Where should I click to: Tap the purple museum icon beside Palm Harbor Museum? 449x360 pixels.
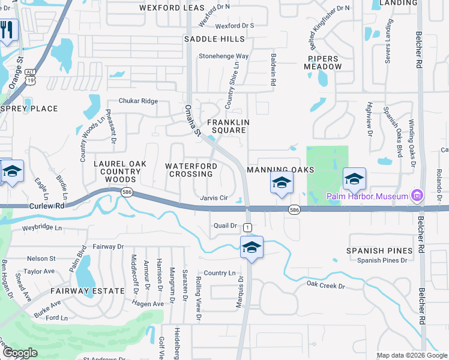(417, 196)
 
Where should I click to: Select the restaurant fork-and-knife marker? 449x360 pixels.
(7, 30)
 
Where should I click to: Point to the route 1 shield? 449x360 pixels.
(247, 227)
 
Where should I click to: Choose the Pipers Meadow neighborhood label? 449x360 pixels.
(325, 62)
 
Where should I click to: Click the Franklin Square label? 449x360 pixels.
(228, 126)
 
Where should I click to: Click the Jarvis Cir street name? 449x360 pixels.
(214, 198)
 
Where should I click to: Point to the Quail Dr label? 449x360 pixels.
(226, 226)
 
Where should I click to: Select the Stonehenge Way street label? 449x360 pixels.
(224, 56)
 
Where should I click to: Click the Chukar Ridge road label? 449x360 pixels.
(138, 101)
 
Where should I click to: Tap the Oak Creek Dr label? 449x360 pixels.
(325, 285)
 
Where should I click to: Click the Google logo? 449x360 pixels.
(20, 353)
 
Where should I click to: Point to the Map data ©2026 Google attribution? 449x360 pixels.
(412, 355)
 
